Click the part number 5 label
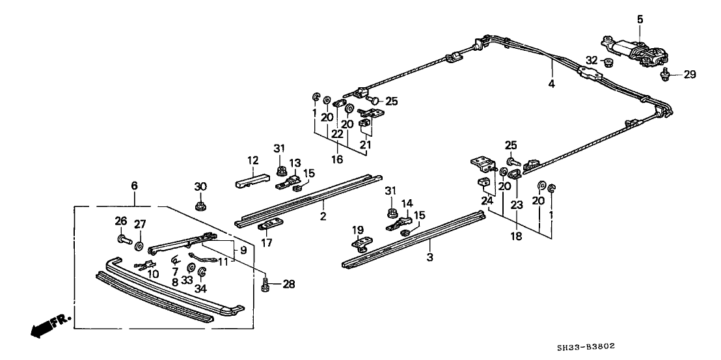pos(640,20)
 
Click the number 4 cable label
pos(552,84)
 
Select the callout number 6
pos(134,186)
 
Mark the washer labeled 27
pos(139,247)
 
